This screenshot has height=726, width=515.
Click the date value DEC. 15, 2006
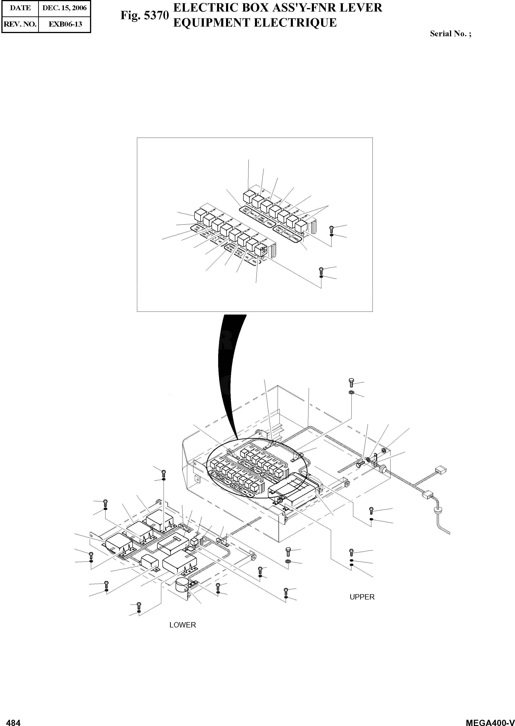(64, 8)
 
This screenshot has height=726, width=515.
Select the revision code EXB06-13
(65, 24)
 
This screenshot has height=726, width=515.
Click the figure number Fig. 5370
(144, 15)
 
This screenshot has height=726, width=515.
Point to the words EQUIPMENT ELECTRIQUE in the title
(255, 23)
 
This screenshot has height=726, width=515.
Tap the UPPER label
(362, 597)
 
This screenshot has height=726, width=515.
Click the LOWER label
(183, 625)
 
